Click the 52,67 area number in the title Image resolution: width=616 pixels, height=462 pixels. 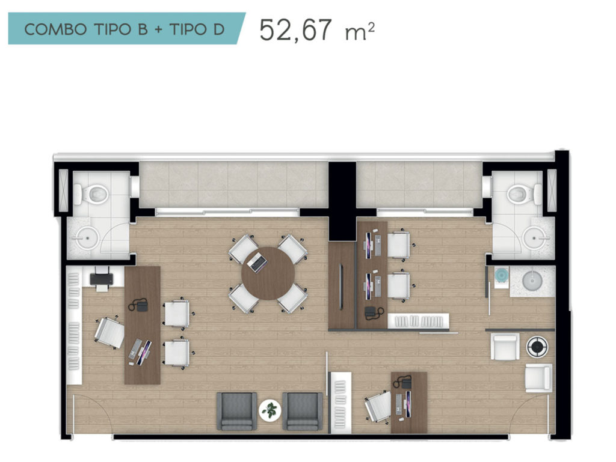[295, 30]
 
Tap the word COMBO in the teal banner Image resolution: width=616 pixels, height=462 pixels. [55, 29]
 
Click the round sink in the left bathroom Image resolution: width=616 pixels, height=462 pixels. [87, 237]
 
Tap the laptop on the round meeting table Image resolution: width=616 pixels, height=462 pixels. [257, 263]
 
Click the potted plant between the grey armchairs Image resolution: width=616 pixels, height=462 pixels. [270, 410]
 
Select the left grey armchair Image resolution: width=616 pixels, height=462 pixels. [236, 411]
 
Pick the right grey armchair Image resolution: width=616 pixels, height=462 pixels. [303, 411]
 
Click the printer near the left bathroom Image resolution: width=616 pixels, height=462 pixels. [101, 278]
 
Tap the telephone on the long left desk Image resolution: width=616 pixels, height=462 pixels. [139, 305]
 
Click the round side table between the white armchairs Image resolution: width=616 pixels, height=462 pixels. [536, 347]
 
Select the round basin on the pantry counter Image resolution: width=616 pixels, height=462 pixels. [532, 280]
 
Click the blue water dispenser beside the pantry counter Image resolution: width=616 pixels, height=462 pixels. [501, 275]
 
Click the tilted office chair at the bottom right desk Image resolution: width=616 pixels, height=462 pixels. [378, 406]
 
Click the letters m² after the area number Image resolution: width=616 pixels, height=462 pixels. [360, 32]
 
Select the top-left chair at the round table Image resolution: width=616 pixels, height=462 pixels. [244, 248]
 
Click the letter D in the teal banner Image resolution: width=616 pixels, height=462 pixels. [219, 29]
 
